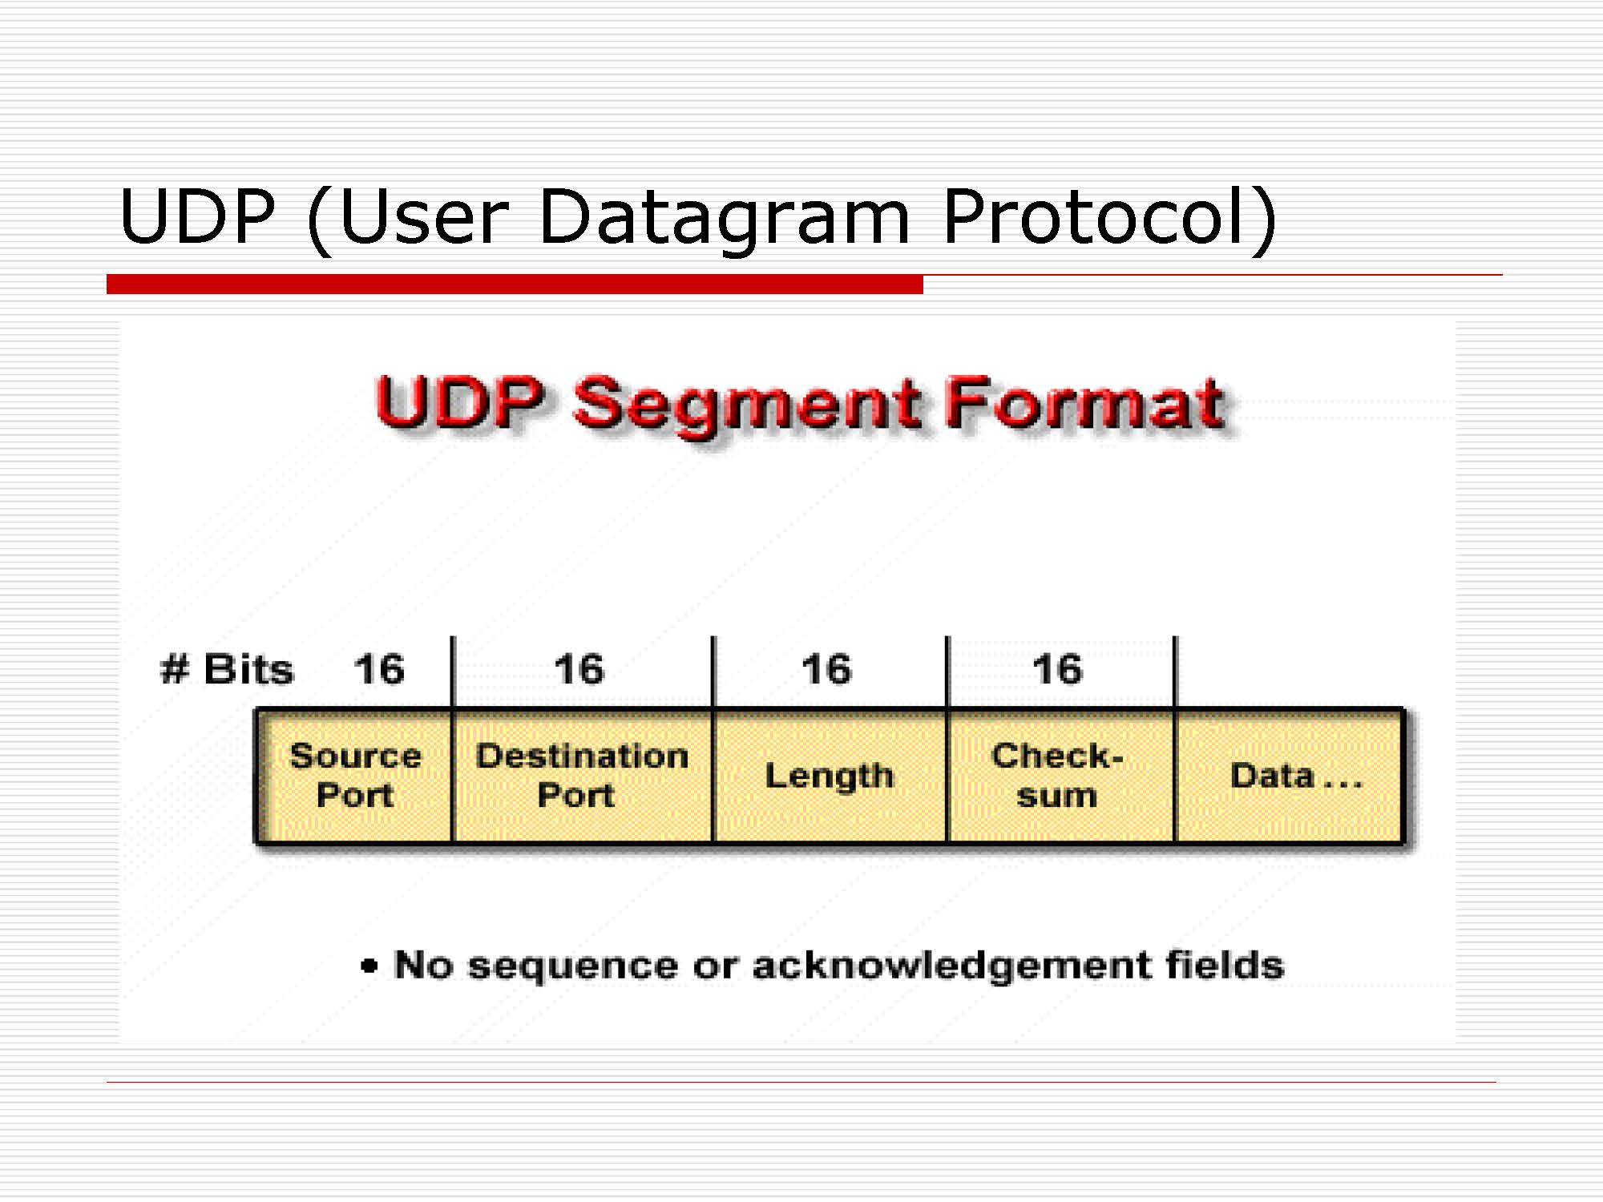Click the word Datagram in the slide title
(x=725, y=219)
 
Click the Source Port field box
(x=353, y=776)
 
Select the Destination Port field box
(x=582, y=776)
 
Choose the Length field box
(x=830, y=776)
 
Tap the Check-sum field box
(x=1060, y=776)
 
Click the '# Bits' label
(x=227, y=669)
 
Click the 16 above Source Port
(x=379, y=669)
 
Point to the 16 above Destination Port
(x=579, y=669)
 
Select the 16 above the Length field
(x=826, y=669)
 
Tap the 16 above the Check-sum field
(x=1057, y=669)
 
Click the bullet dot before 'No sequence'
(x=369, y=966)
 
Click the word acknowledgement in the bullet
(x=951, y=966)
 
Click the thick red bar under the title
(x=515, y=284)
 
